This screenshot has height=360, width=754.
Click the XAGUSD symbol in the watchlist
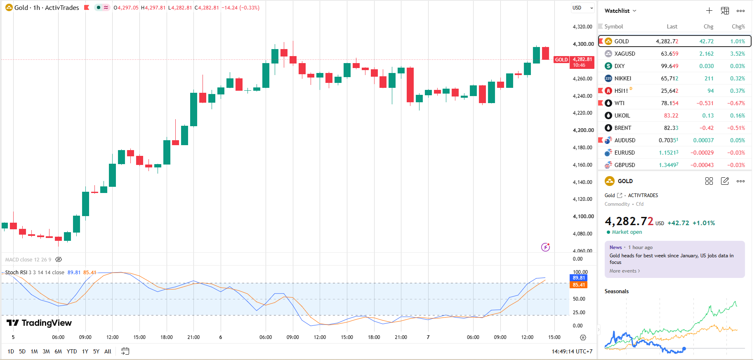[x=624, y=54]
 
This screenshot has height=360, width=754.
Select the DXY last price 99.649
[x=669, y=66]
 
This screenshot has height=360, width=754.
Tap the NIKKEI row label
[x=622, y=78]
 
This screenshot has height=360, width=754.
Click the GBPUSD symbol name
[x=624, y=165]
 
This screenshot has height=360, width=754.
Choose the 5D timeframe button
[x=22, y=351]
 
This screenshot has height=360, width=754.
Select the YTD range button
[x=72, y=351]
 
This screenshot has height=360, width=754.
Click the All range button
[x=108, y=351]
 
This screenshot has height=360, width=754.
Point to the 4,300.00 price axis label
[x=583, y=44]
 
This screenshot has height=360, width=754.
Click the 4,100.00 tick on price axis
[x=583, y=216]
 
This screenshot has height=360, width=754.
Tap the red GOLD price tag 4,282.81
[x=582, y=62]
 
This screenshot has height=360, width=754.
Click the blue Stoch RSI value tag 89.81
[x=579, y=278]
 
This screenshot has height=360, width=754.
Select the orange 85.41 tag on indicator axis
[x=579, y=285]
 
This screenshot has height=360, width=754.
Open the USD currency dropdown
[x=582, y=8]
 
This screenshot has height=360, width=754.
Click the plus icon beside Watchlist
[x=709, y=11]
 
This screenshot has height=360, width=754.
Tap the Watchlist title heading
[x=617, y=11]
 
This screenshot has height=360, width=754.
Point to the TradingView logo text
[x=47, y=323]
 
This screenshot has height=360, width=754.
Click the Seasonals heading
[x=617, y=291]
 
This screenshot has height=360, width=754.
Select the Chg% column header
[x=738, y=26]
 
